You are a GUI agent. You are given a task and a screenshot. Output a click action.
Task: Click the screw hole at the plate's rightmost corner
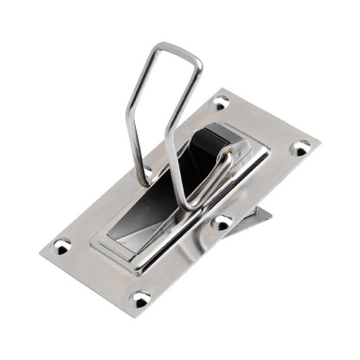(x=301, y=147)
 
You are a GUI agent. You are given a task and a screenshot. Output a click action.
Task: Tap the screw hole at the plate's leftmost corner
(x=62, y=245)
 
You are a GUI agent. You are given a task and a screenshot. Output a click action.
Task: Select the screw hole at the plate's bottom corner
(x=139, y=297)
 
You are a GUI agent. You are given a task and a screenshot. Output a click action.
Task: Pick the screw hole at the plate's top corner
(x=220, y=103)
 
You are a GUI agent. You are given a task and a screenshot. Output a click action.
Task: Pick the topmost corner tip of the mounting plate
(x=219, y=88)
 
